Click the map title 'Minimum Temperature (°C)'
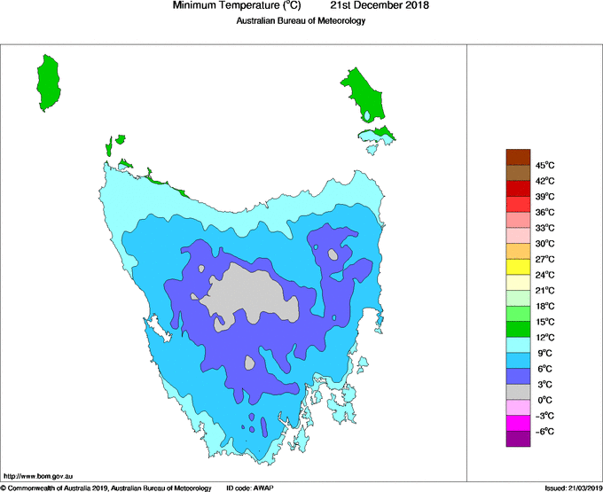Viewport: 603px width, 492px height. pos(237,6)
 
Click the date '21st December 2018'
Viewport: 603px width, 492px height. pos(386,6)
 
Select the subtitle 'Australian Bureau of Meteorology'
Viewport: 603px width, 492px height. pos(301,21)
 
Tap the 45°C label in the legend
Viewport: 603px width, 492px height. pos(544,165)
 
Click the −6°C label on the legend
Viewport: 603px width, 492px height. pos(544,431)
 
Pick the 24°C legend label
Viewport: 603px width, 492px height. pos(544,275)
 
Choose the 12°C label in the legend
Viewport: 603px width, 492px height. pos(544,337)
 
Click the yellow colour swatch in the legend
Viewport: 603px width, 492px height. pos(518,267)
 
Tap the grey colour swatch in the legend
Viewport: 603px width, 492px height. pos(518,392)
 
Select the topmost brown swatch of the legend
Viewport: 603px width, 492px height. pos(518,158)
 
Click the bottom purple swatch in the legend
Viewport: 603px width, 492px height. pos(518,439)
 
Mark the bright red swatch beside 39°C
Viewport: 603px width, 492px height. pos(518,189)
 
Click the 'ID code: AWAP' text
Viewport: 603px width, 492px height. pos(251,488)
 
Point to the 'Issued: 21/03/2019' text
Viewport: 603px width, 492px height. pos(572,488)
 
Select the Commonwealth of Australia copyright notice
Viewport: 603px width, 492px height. pos(106,488)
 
